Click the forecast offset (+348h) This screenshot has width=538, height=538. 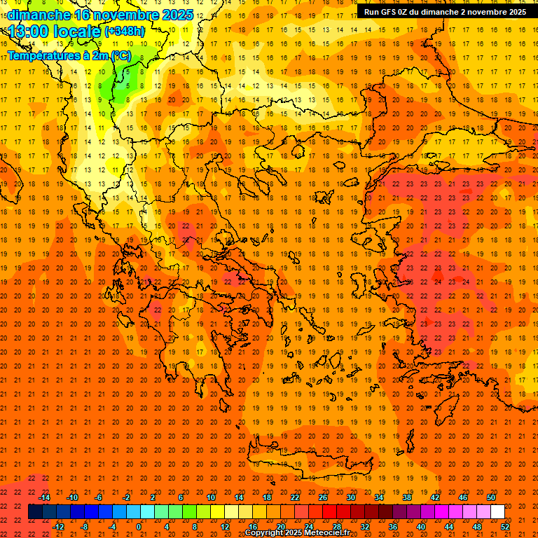[x=125, y=31]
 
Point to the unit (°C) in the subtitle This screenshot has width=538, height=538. [x=121, y=56]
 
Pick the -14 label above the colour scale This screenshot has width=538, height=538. [x=44, y=497]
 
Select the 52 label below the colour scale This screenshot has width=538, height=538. [x=505, y=527]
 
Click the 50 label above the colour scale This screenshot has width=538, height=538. [x=491, y=497]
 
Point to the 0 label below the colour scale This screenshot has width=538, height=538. [x=139, y=527]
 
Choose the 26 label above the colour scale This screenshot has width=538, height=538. [x=323, y=497]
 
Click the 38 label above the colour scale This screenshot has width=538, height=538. [x=407, y=497]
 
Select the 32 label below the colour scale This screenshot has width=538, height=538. [x=365, y=527]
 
